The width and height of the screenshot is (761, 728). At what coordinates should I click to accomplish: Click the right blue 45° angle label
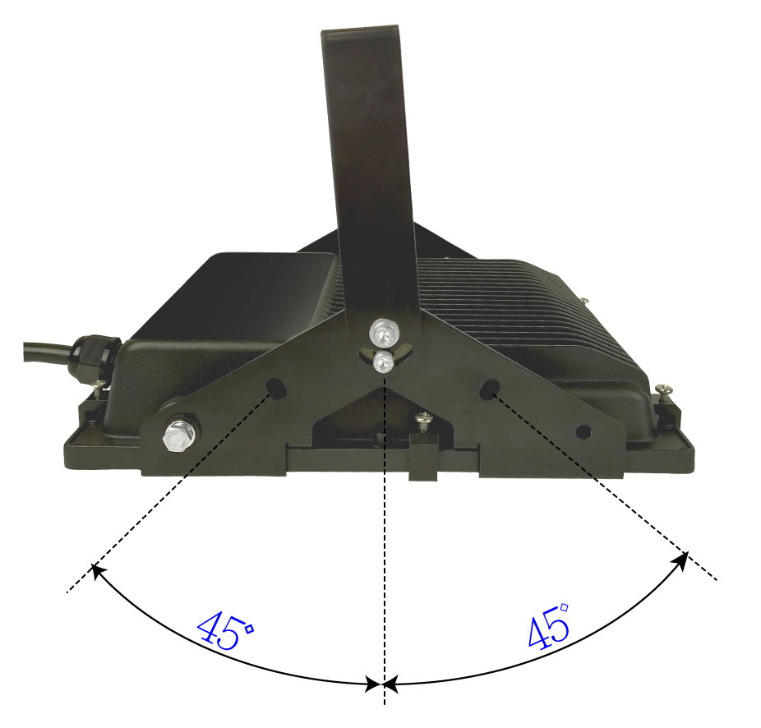click(548, 626)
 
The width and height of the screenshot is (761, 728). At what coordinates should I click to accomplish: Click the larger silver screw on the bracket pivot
click(383, 332)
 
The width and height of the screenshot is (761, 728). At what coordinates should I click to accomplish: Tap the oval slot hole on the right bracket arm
click(489, 389)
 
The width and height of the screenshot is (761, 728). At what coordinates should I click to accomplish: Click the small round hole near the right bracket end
click(583, 431)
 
